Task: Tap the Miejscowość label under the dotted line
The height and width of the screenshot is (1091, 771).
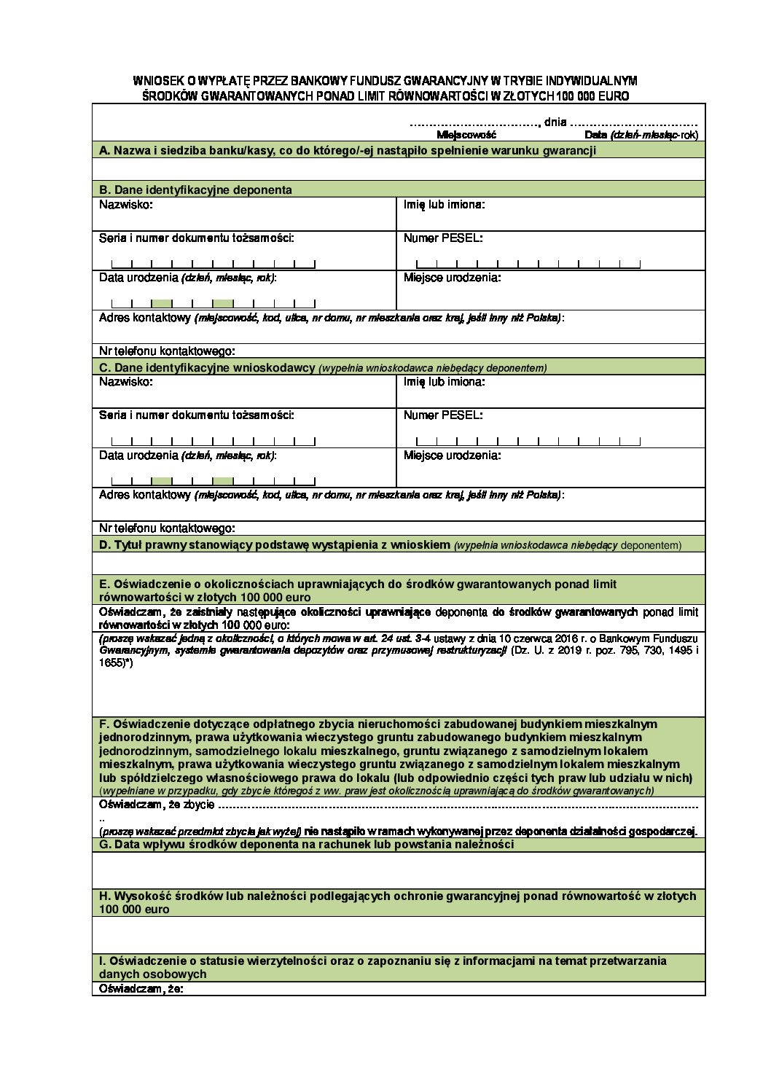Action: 466,136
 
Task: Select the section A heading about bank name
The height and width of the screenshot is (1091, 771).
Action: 348,150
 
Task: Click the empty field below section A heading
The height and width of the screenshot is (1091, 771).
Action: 399,169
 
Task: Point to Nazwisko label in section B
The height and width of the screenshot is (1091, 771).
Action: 126,205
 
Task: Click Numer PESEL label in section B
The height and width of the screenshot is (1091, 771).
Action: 443,238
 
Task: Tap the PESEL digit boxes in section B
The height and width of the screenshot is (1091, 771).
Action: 528,264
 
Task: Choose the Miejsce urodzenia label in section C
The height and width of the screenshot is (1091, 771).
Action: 452,455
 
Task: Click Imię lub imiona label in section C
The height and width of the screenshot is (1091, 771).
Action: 444,382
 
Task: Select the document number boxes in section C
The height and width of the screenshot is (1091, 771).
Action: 213,441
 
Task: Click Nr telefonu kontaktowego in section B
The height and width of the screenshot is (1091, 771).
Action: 167,351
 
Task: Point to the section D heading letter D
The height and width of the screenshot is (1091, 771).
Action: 104,545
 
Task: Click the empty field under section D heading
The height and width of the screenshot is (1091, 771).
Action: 399,563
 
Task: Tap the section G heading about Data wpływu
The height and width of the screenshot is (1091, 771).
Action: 306,845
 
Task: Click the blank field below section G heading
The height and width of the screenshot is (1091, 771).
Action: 399,870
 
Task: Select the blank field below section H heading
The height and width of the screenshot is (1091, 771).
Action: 399,935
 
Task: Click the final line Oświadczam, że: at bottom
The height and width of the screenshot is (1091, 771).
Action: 141,989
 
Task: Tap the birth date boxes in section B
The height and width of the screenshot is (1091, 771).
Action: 213,303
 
